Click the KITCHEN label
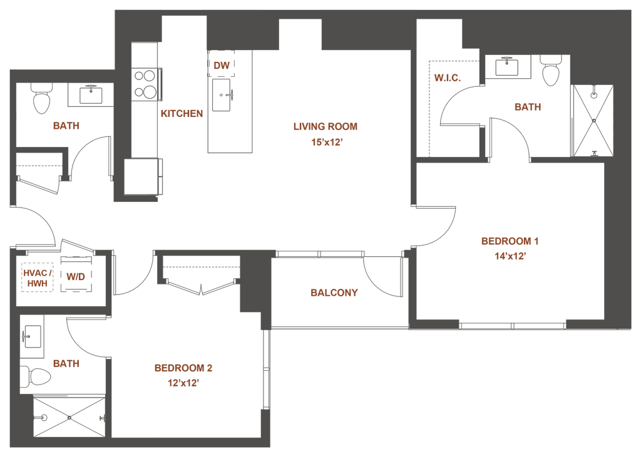[183, 114]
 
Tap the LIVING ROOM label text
[326, 127]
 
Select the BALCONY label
[334, 292]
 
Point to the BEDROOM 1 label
[510, 241]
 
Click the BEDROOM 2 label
[183, 368]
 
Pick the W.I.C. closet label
[448, 78]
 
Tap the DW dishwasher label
[221, 64]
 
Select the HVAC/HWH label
[37, 277]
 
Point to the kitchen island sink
[223, 94]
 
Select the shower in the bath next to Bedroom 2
[69, 417]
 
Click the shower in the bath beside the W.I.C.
[593, 121]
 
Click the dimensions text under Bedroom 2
[183, 383]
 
